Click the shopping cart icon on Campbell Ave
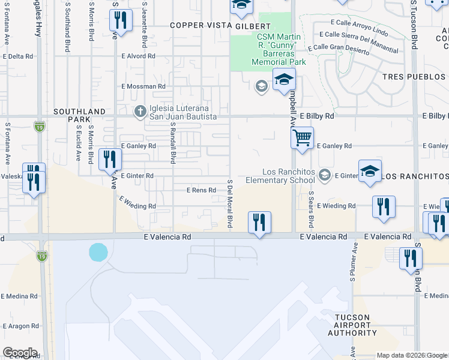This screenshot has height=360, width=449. click(x=303, y=137)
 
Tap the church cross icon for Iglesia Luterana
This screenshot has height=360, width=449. click(x=140, y=111)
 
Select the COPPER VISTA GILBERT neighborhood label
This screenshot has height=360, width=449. click(x=220, y=26)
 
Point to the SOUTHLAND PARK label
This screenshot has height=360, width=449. click(x=79, y=115)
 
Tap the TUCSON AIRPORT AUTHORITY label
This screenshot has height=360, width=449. click(x=357, y=325)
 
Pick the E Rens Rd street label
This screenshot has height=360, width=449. click(x=201, y=190)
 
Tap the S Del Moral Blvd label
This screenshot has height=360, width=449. click(x=229, y=203)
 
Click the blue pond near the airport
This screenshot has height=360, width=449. click(x=98, y=252)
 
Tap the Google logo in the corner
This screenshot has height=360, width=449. click(x=20, y=353)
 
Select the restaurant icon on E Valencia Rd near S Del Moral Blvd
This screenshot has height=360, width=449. click(x=259, y=223)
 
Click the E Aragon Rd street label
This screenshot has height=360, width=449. click(x=20, y=326)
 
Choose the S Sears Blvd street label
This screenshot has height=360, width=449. click(x=311, y=209)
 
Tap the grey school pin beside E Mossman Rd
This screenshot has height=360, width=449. click(x=261, y=86)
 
